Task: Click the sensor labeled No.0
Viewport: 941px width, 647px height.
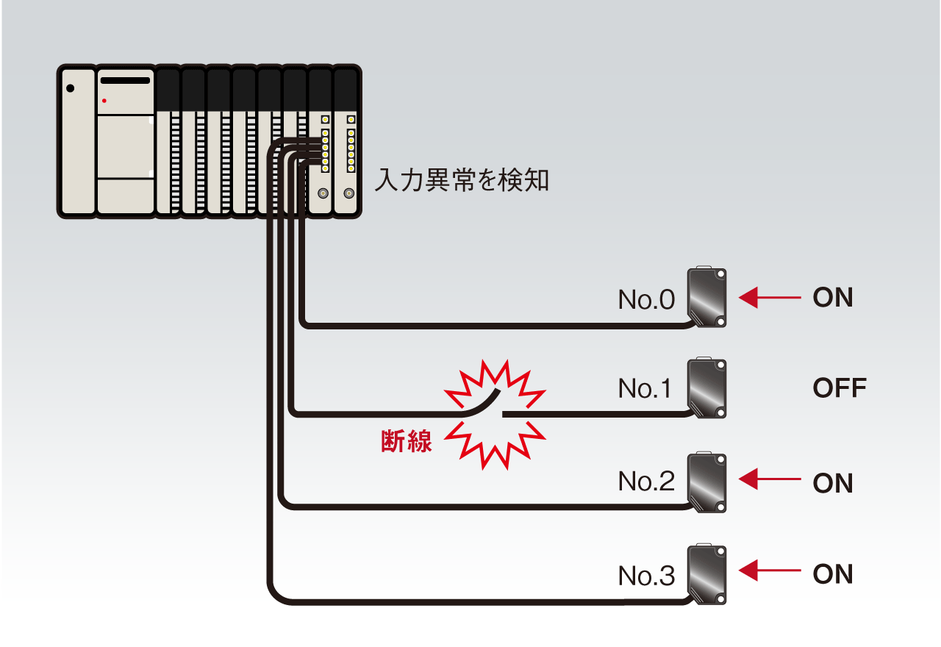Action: [x=706, y=298]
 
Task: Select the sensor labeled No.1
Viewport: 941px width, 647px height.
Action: [x=706, y=389]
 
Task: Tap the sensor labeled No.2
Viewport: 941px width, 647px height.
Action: [x=706, y=482]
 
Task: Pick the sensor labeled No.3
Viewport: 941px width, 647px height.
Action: [x=706, y=575]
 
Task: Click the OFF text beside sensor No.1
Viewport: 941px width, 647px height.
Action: [x=840, y=388]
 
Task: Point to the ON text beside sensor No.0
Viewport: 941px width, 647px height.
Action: [x=833, y=298]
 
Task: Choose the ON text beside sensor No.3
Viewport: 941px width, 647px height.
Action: [x=833, y=574]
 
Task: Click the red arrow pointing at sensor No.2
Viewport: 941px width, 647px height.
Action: [x=769, y=482]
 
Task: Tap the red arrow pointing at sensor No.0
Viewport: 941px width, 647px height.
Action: [x=769, y=298]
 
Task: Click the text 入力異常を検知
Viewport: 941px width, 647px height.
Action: [x=462, y=179]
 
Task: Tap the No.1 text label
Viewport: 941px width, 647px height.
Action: [x=645, y=389]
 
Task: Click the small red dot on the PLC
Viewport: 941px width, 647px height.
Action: [x=104, y=100]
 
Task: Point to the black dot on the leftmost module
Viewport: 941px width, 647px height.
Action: [x=71, y=88]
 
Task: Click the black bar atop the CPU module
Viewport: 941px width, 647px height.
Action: [x=124, y=80]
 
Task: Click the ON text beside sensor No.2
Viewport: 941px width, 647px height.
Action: [x=833, y=483]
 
